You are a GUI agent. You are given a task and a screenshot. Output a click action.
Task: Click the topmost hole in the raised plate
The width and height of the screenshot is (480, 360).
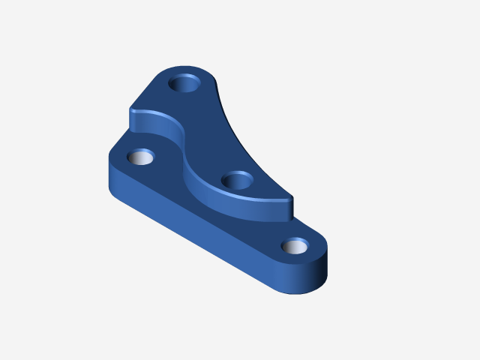click(x=185, y=82)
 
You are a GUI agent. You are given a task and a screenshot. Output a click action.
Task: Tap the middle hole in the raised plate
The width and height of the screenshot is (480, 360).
click(x=238, y=180)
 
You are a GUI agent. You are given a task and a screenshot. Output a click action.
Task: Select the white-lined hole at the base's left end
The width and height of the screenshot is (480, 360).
click(x=140, y=157)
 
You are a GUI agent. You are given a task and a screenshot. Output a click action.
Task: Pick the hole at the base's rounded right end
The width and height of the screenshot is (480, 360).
click(x=295, y=246)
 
